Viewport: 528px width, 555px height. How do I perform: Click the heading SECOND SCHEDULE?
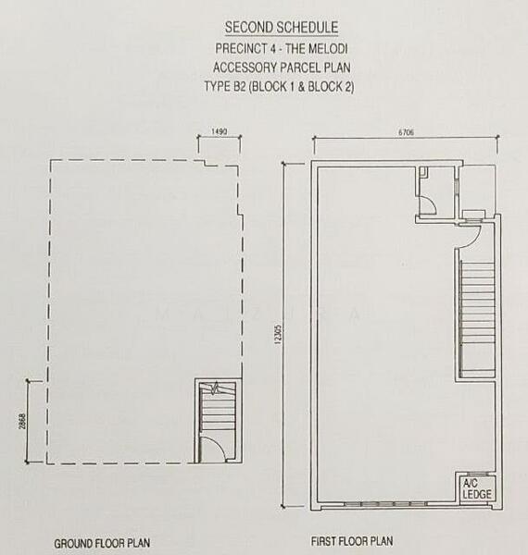point(282,28)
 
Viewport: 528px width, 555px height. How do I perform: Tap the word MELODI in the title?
point(328,48)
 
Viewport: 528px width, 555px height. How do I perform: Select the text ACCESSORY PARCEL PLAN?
point(282,68)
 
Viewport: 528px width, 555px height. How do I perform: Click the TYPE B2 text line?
point(279,87)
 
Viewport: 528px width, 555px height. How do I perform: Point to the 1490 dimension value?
point(219,131)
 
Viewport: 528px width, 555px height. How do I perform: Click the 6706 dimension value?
point(406,132)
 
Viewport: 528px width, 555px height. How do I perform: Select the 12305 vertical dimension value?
point(278,334)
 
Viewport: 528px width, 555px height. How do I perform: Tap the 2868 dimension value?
point(22,421)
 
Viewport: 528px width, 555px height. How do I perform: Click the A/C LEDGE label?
point(477,488)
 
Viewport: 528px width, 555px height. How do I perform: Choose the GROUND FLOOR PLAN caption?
point(102,543)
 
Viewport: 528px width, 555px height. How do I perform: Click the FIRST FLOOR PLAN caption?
point(352,541)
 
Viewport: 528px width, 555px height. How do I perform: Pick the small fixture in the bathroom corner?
point(423,172)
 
